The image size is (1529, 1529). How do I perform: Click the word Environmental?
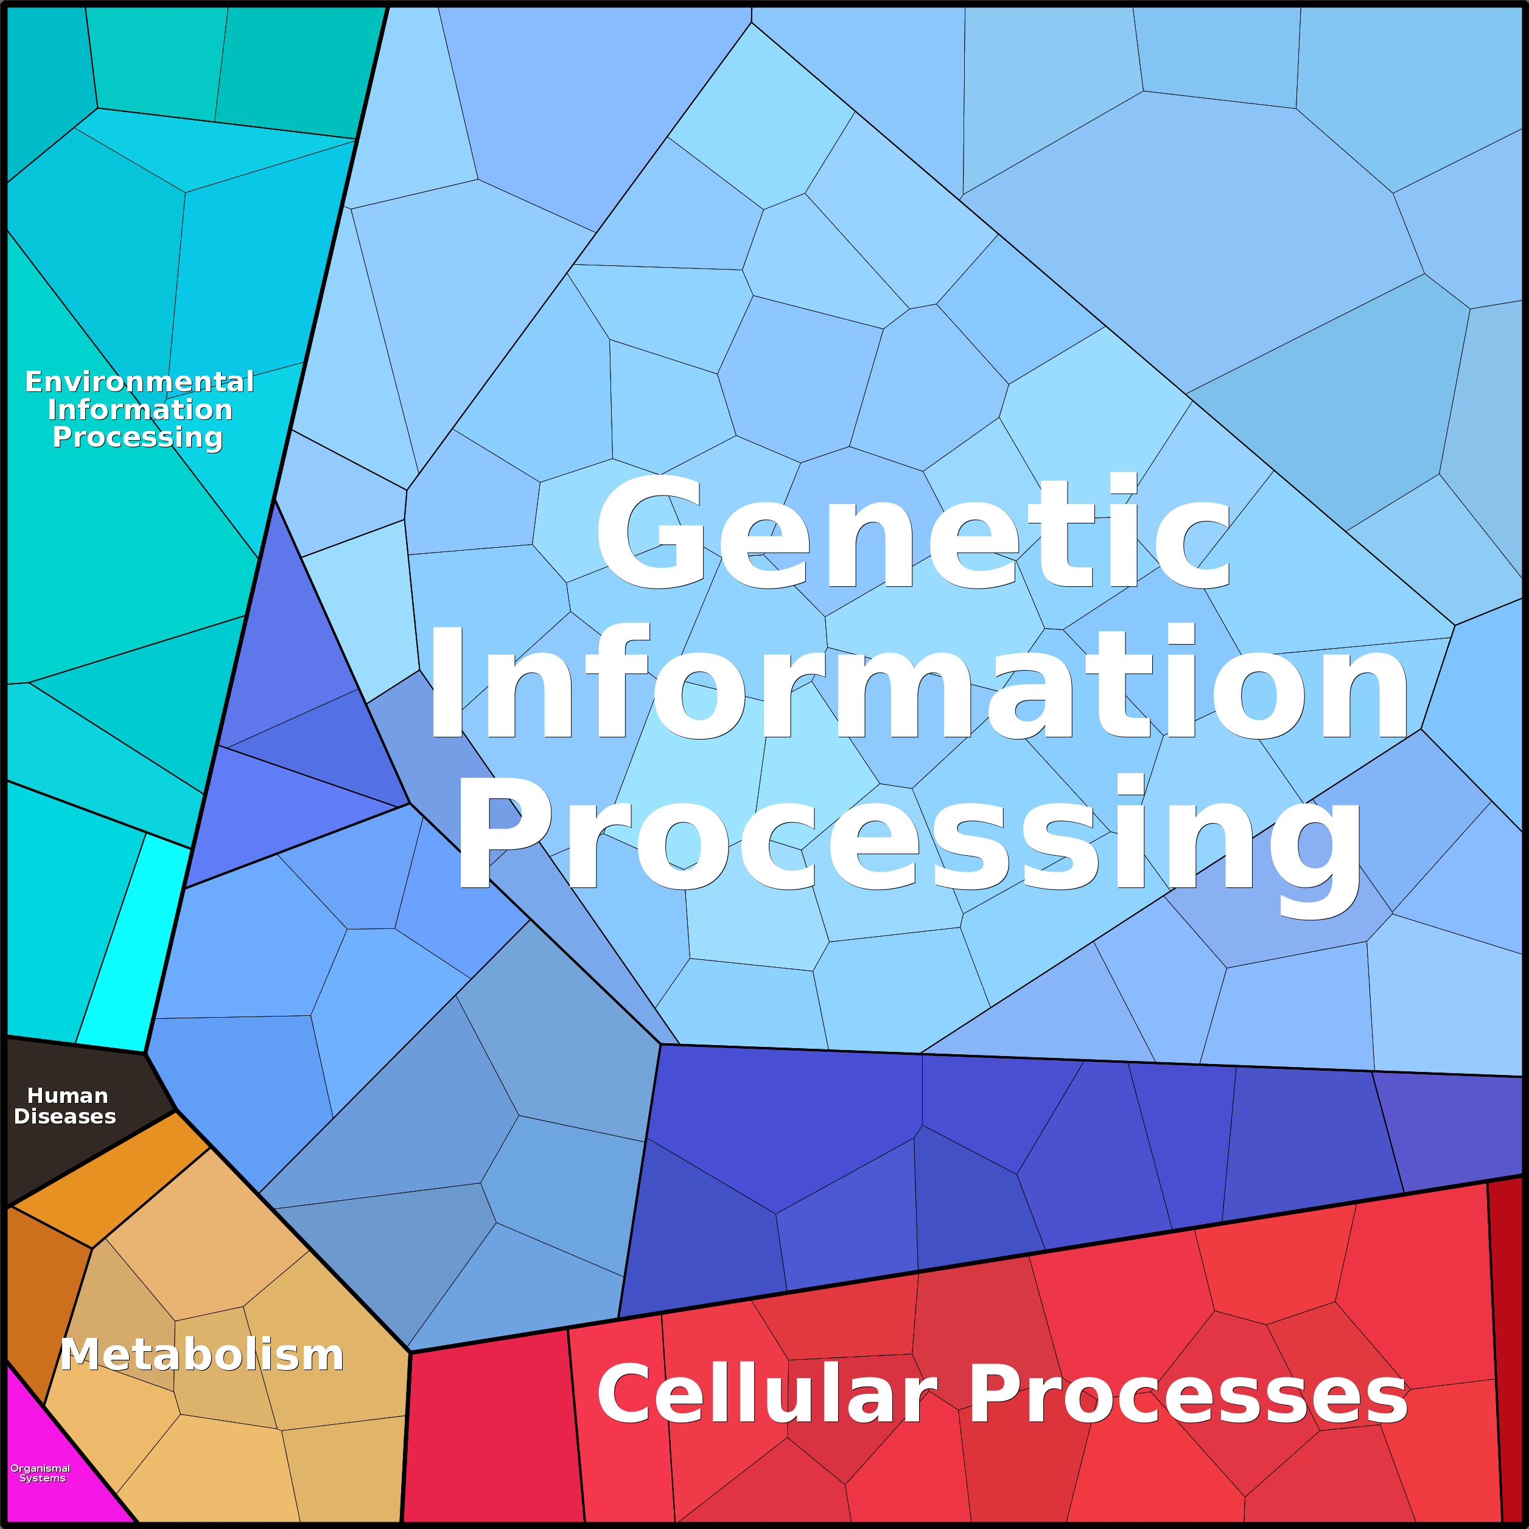point(139,382)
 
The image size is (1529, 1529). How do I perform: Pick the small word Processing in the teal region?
point(138,437)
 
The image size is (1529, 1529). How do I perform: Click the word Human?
point(68,1095)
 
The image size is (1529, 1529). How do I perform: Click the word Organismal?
point(40,1468)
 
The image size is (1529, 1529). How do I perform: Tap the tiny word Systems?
point(42,1478)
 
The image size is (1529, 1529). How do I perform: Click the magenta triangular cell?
point(47,1480)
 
